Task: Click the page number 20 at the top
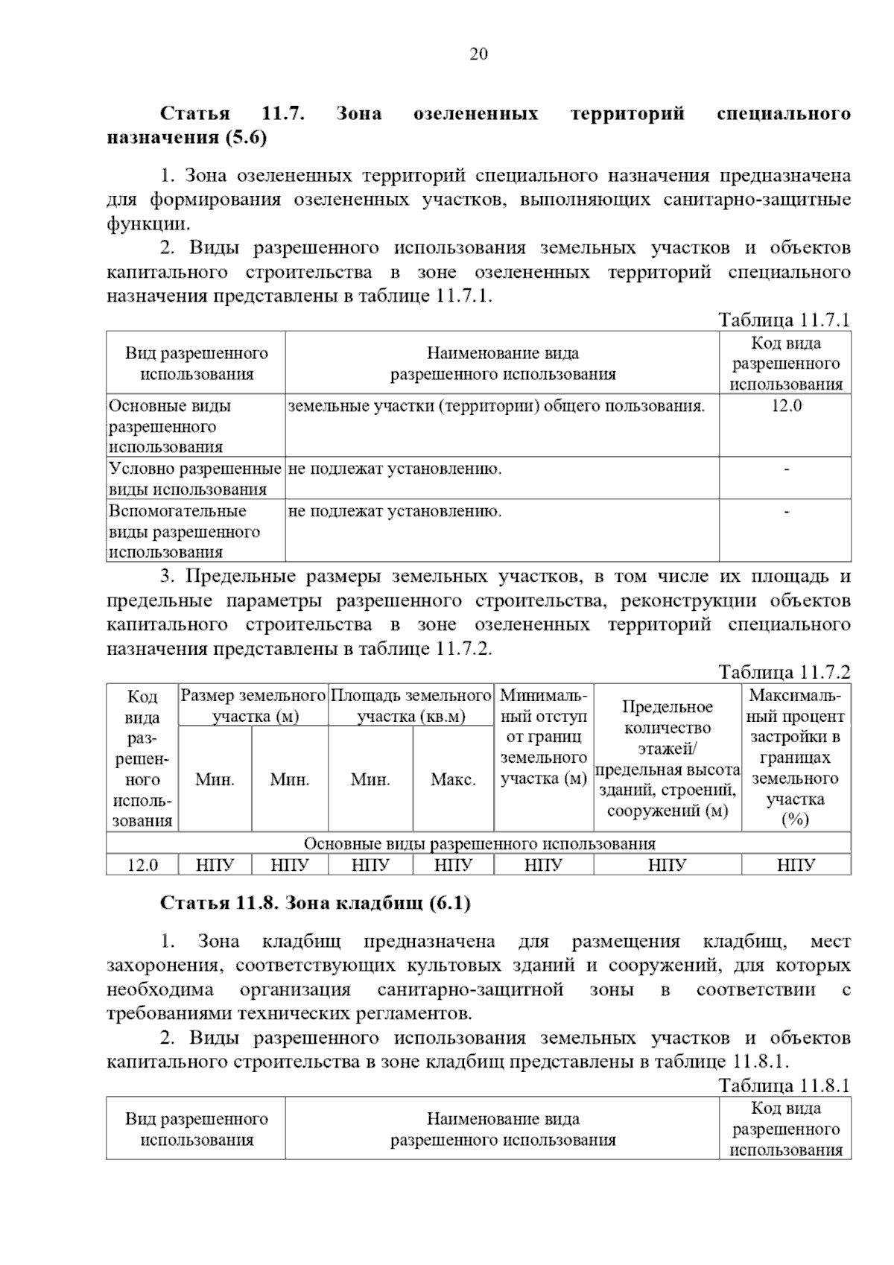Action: [x=478, y=54]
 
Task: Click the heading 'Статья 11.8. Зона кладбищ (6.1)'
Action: [x=315, y=903]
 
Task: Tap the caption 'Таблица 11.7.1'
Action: [x=784, y=320]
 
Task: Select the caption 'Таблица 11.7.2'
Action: [x=784, y=672]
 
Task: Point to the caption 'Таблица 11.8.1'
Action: [x=784, y=1085]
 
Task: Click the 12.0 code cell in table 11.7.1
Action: [x=786, y=406]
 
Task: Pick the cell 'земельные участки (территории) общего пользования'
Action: [x=496, y=406]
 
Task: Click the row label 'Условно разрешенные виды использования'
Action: [x=195, y=478]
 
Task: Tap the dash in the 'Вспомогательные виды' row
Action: [x=786, y=511]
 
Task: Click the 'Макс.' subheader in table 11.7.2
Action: [x=453, y=779]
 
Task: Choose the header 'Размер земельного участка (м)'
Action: [x=254, y=706]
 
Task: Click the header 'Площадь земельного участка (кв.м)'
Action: [x=411, y=706]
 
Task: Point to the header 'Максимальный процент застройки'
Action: [x=796, y=757]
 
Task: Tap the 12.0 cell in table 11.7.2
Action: [x=142, y=865]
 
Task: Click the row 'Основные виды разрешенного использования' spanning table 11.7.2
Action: [x=479, y=843]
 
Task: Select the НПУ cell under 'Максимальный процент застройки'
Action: [x=796, y=865]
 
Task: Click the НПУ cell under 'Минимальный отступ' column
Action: [x=543, y=865]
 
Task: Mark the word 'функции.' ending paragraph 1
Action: [x=148, y=223]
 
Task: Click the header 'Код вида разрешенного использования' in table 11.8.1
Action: [x=786, y=1129]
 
